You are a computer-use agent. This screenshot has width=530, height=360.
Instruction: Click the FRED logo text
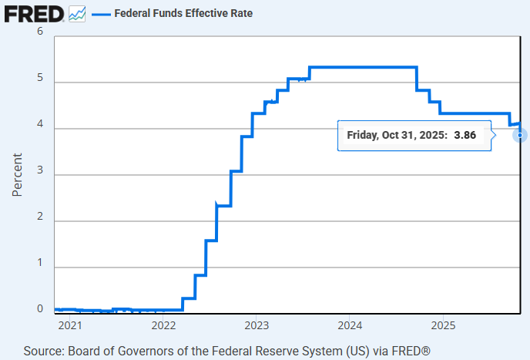[x=33, y=13]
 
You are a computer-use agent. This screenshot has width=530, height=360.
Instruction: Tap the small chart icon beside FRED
[x=77, y=13]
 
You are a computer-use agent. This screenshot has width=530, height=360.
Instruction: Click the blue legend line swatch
[x=100, y=14]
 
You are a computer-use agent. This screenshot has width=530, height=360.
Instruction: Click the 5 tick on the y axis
[x=40, y=82]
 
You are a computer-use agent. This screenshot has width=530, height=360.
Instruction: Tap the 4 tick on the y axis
[x=40, y=128]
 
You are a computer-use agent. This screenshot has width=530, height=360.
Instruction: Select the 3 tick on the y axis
[x=40, y=175]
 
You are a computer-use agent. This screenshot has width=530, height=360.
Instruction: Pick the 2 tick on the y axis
[x=40, y=221]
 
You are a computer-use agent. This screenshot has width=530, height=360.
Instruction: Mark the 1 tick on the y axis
[x=40, y=267]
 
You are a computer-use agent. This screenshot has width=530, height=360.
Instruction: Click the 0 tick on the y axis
[x=40, y=309]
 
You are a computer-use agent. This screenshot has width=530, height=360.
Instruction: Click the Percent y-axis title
[x=17, y=173]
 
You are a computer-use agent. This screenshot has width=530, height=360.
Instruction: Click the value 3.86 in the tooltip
[x=465, y=135]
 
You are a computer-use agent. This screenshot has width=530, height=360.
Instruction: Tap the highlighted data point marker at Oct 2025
[x=521, y=135]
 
